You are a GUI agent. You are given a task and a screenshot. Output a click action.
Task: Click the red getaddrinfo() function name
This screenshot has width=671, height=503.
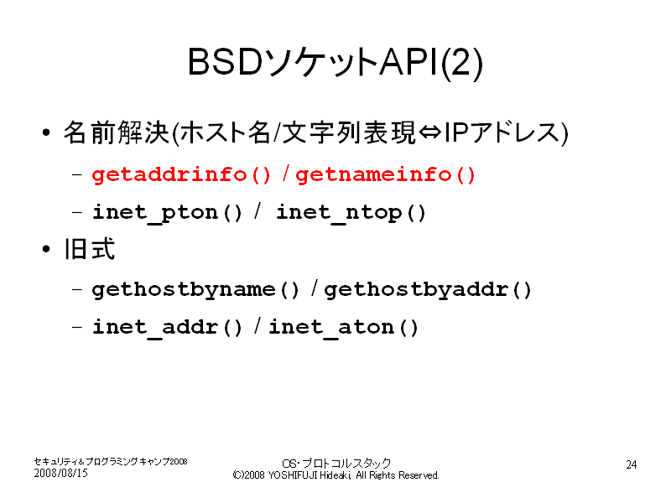coord(181,174)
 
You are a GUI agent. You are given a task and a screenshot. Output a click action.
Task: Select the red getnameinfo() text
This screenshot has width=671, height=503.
coord(385,174)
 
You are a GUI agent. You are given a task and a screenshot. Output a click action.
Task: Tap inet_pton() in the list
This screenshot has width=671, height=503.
coord(167,213)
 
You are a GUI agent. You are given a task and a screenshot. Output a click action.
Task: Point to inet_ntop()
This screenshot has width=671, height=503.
coord(351,213)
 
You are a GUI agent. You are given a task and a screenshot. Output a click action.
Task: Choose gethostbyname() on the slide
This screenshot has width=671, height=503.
coord(195,289)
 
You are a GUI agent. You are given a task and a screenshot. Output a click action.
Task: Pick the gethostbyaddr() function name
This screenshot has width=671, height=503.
coord(428,289)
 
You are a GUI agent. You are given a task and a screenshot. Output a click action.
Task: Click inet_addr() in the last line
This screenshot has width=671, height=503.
coord(167,328)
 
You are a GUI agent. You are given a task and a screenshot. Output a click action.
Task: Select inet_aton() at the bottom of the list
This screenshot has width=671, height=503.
coord(343,328)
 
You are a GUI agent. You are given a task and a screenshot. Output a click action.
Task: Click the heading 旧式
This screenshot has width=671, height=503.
coord(90,249)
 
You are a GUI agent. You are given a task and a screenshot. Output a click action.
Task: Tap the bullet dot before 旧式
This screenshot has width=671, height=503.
coord(46,249)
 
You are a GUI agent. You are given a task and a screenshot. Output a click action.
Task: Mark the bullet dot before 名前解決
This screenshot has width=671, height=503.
coord(46,132)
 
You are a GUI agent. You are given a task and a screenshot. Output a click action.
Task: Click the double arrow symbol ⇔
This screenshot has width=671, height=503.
coord(429,132)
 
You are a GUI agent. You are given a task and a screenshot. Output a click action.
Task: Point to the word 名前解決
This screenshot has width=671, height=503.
coord(117,132)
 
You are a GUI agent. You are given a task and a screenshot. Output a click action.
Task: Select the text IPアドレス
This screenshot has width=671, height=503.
coord(502,132)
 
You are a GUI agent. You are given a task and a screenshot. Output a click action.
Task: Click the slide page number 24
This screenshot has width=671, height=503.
coord(632,464)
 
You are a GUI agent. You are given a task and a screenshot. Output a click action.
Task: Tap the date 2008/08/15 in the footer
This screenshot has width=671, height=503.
coord(60,473)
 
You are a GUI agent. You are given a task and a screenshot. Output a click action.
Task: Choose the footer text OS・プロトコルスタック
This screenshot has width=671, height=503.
coord(336,464)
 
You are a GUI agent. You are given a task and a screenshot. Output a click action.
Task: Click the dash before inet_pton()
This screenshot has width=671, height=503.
coord(77,212)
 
